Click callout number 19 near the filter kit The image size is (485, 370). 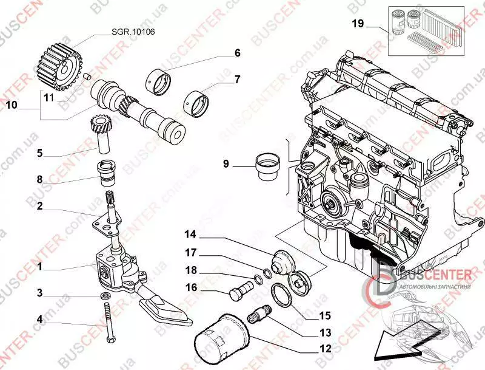pyautogui.click(x=358, y=24)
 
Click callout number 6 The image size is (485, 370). pyautogui.click(x=238, y=53)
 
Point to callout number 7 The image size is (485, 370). pyautogui.click(x=238, y=79)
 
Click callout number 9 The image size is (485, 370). pyautogui.click(x=226, y=163)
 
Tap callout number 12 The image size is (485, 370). pyautogui.click(x=326, y=349)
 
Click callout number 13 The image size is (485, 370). pyautogui.click(x=326, y=332)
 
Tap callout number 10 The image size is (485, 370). pyautogui.click(x=12, y=105)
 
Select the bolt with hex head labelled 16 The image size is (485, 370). pyautogui.click(x=238, y=290)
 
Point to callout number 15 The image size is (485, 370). pyautogui.click(x=326, y=315)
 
